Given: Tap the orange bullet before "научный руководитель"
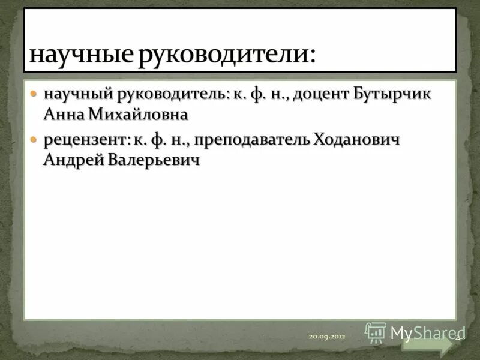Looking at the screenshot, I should [x=34, y=95].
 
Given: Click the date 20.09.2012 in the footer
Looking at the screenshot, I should [x=327, y=337].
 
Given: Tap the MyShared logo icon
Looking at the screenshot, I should [x=376, y=332].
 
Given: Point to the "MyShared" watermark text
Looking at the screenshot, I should [x=423, y=332].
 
